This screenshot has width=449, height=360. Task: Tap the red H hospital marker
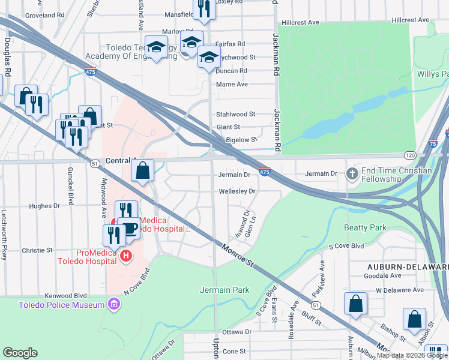125,257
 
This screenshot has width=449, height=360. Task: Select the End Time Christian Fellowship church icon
352,175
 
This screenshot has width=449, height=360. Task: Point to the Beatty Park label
365,227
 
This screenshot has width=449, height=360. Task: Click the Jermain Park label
224,290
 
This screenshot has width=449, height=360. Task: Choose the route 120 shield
409,155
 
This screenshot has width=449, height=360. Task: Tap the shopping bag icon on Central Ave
142,172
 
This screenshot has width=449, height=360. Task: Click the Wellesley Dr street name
237,191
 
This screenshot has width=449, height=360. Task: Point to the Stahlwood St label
236,113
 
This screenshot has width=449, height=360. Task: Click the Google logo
20,353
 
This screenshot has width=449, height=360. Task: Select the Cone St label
235,351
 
